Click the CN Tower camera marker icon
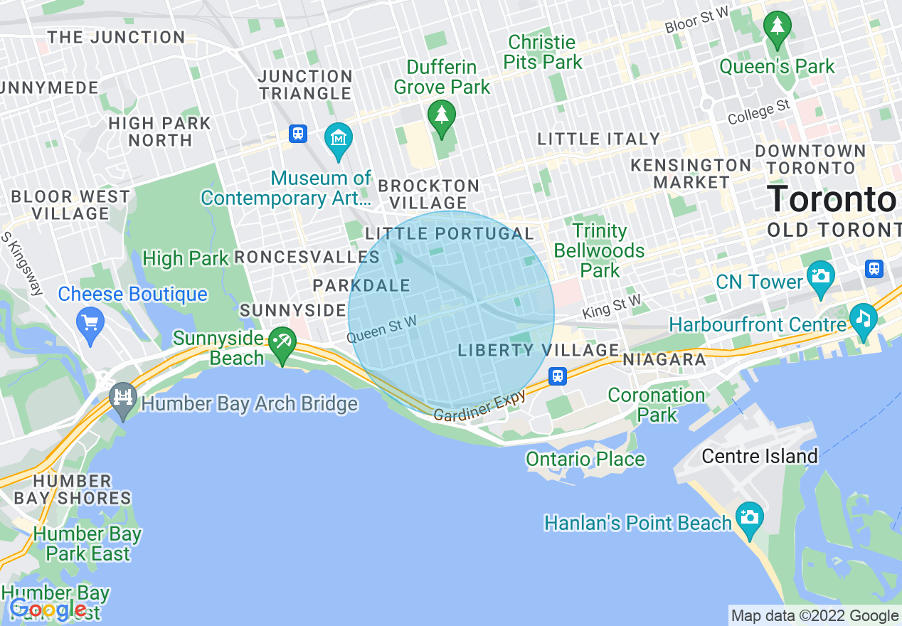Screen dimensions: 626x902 pos(820,273)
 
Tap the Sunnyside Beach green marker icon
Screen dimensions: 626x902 pos(282,344)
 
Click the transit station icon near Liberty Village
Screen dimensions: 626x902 pos(558,376)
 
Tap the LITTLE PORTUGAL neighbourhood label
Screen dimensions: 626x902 pos(450,234)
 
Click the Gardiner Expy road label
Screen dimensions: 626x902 pos(479,406)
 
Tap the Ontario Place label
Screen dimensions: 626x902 pos(585,460)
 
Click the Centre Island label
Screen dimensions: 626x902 pos(759,456)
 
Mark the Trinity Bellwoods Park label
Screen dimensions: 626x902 pos(600,250)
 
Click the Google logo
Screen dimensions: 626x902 pos(48,609)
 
